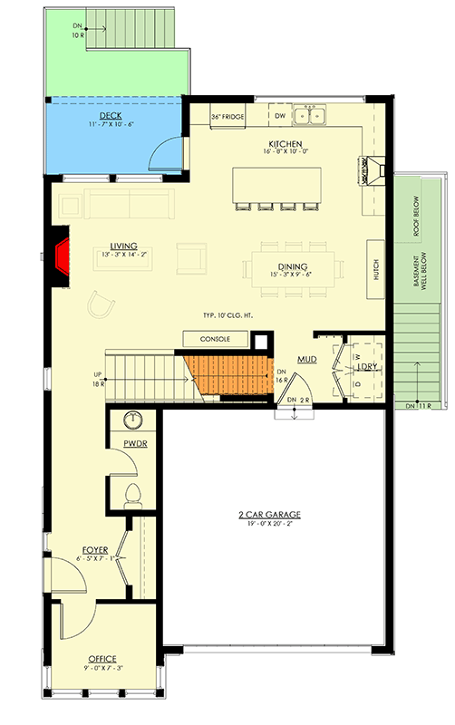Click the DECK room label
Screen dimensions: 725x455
pos(111,116)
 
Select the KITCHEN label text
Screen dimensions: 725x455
pos(286,143)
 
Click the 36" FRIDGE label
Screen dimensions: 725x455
pos(227,117)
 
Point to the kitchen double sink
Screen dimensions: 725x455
pos(314,114)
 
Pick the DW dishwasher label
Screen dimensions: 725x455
pos(280,115)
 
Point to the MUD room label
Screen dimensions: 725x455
pos(306,361)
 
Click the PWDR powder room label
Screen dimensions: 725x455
pos(135,444)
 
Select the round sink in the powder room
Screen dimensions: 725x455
pos(132,420)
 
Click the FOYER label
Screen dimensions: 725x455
pos(95,549)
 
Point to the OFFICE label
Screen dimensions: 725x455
pos(102,658)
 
